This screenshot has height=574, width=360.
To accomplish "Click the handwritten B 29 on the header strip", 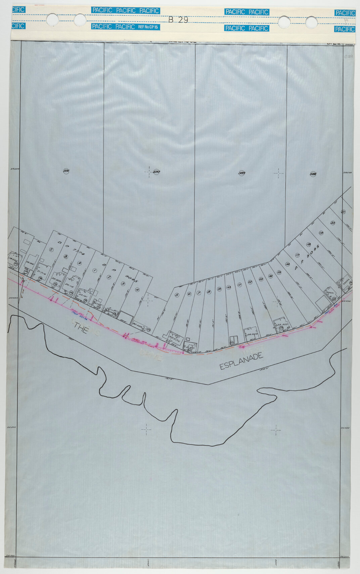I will tap(178, 20).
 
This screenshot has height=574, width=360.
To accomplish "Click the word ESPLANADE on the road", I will tap(241, 361).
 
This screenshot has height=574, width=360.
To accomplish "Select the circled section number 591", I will tap(66, 171).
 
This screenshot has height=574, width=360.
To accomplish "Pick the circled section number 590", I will tap(156, 172).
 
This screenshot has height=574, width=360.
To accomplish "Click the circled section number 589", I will tap(241, 173).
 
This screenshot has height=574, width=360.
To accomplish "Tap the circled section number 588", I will tap(313, 174).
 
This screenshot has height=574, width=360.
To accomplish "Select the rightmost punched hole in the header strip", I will tap(311, 22).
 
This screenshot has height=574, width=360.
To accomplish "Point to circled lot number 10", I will tap(229, 287).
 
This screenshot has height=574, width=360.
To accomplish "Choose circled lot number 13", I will tap(261, 279).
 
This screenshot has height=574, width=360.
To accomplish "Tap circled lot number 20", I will tap(332, 223).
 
